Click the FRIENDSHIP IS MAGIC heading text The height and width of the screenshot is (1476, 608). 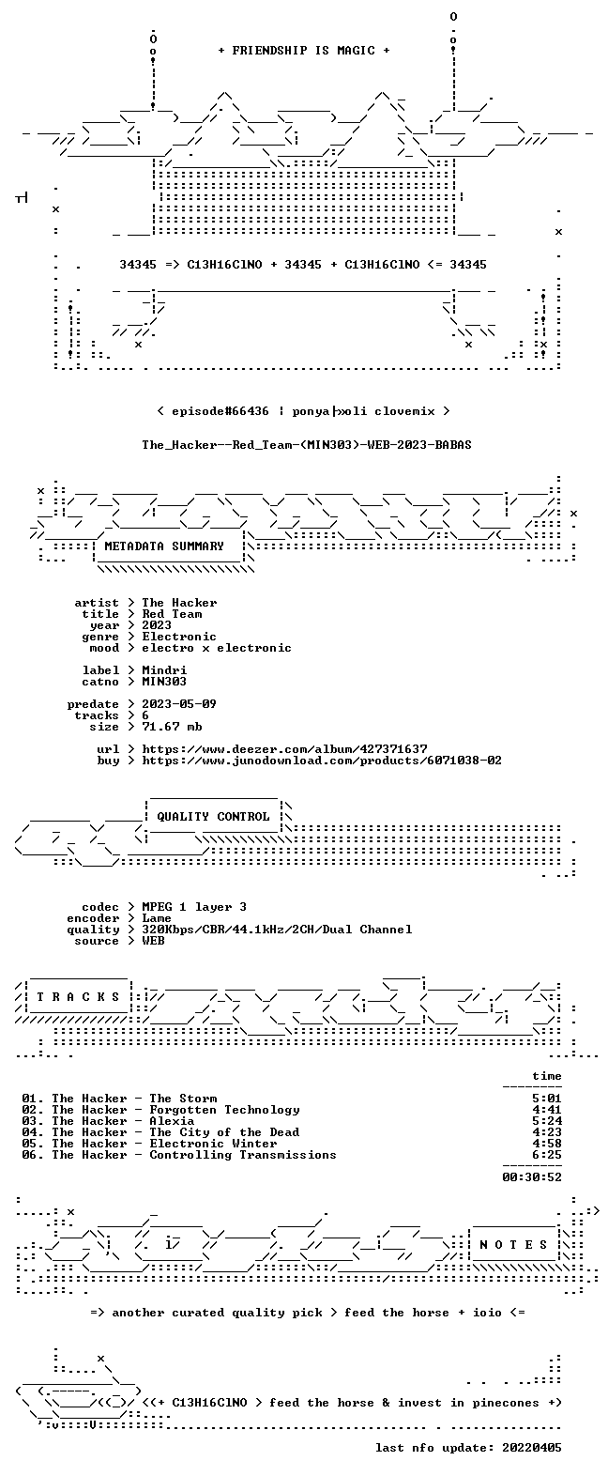click(x=304, y=51)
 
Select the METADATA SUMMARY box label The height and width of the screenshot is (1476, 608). click(x=164, y=546)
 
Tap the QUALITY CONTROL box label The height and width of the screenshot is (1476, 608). click(x=213, y=817)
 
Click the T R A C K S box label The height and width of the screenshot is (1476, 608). click(x=78, y=997)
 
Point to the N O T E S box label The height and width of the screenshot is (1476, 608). click(x=513, y=1245)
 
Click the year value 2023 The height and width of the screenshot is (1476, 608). click(x=157, y=625)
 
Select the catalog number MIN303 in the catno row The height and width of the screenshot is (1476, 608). click(x=164, y=682)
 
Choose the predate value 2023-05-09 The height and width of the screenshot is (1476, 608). click(x=179, y=704)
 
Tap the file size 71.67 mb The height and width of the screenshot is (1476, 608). click(x=172, y=727)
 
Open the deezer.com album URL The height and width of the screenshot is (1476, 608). click(x=284, y=749)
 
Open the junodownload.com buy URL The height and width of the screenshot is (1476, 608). click(x=322, y=761)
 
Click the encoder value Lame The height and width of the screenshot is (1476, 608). click(x=157, y=918)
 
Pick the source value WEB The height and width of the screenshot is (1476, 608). click(x=153, y=941)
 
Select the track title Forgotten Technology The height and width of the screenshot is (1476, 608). click(x=224, y=1111)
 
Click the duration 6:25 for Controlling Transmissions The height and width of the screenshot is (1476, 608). click(x=547, y=1155)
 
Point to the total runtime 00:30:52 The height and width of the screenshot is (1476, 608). click(x=532, y=1177)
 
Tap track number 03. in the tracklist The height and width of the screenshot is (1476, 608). click(x=33, y=1121)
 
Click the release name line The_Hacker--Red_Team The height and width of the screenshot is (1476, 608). click(x=307, y=445)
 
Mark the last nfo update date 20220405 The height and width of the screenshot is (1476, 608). click(x=532, y=1448)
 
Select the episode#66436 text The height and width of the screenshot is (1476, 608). click(x=220, y=411)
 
